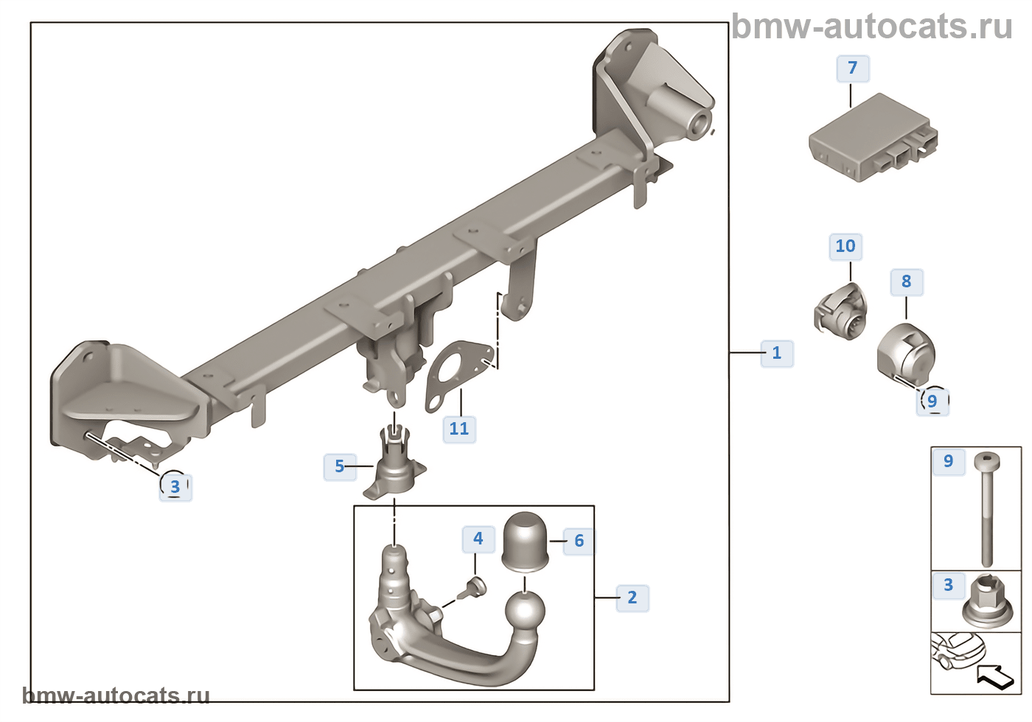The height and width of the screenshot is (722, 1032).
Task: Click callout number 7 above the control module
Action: (853, 69)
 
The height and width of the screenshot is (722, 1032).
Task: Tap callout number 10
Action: (846, 246)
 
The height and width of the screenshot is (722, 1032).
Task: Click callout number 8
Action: (906, 281)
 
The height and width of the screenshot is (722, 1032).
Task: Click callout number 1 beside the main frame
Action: (776, 353)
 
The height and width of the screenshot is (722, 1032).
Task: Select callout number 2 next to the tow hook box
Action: (632, 597)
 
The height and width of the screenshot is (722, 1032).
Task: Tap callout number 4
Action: (478, 539)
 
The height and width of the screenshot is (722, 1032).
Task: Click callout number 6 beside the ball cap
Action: (579, 541)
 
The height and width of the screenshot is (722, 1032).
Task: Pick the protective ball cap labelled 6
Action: (525, 542)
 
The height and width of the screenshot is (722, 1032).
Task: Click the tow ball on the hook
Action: (525, 612)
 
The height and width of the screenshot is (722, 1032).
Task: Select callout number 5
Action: (339, 466)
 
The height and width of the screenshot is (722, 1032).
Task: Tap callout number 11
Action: (459, 429)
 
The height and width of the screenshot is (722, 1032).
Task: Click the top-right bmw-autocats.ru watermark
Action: (872, 27)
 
